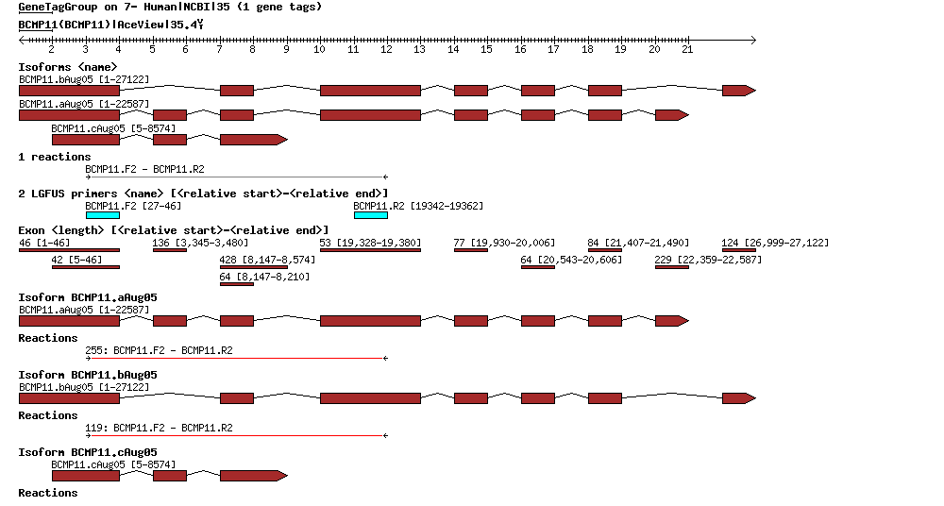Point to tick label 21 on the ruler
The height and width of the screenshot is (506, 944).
687,49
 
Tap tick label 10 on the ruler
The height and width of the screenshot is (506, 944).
320,49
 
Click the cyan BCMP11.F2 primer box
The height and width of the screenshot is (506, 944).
102,215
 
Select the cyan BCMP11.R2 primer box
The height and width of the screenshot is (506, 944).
370,215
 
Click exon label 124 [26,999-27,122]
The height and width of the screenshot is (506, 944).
775,243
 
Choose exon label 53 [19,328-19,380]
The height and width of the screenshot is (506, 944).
370,243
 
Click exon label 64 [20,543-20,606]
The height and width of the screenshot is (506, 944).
571,260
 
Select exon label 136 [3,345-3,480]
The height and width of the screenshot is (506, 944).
200,243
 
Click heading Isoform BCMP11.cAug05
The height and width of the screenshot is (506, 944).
88,452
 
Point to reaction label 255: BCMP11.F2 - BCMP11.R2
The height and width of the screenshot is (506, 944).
159,350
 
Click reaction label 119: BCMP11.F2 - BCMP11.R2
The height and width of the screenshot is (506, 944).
159,428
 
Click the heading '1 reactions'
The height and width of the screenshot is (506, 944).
55,157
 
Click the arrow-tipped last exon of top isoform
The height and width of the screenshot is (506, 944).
738,91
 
